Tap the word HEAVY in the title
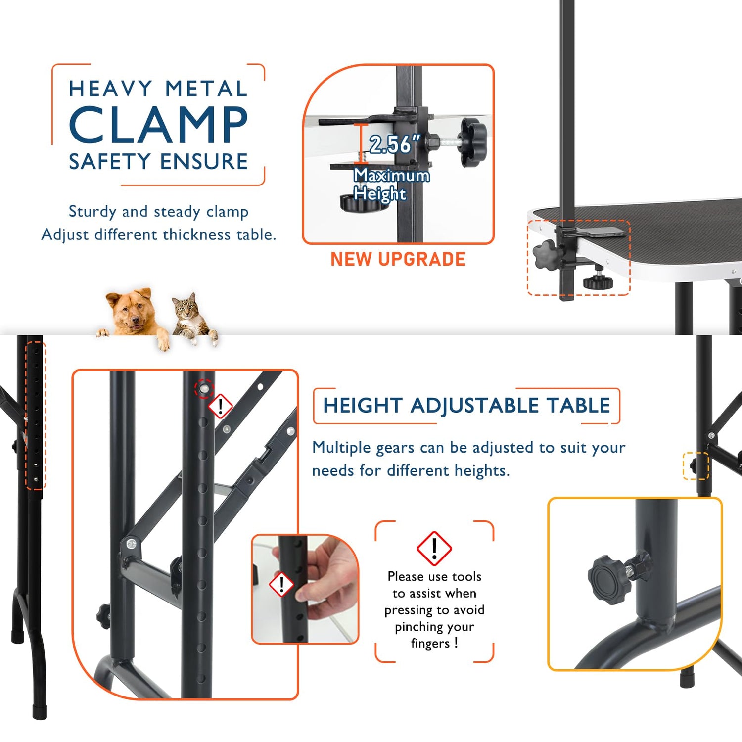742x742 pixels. point(110,89)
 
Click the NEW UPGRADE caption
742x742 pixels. point(398,259)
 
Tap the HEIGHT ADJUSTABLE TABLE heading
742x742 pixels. point(466,406)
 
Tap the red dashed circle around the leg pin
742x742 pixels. point(204,389)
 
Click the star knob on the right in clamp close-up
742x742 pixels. point(472,141)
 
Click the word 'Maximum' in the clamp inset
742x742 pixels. point(392,175)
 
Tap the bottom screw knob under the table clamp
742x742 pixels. point(598,281)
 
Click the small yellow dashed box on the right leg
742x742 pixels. point(696,466)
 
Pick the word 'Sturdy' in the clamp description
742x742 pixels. point(92,212)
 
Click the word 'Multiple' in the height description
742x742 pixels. point(341,447)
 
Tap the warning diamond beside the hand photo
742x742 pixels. point(281,584)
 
